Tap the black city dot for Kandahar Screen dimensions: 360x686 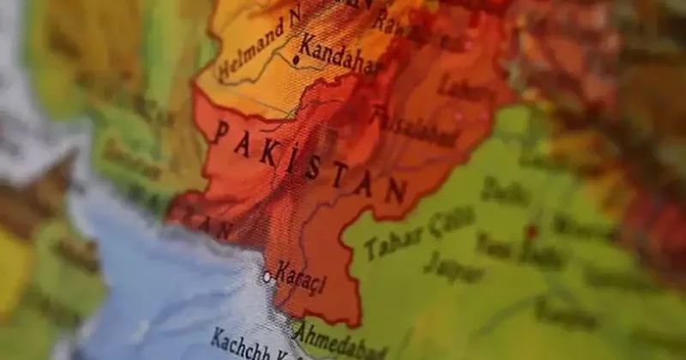coord(296,60)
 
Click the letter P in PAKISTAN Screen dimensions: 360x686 coord(221,130)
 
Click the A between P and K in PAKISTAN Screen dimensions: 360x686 coord(244,141)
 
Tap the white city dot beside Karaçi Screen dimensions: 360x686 coord(267,277)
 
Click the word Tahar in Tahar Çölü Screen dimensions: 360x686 coord(391,242)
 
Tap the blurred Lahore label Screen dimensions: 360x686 coord(463,87)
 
